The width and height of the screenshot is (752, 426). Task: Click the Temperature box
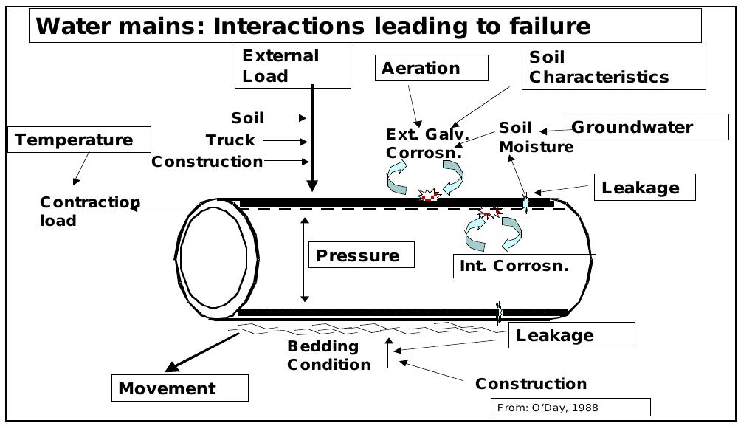pyautogui.click(x=79, y=140)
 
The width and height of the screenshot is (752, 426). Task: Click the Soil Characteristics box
pyautogui.click(x=613, y=66)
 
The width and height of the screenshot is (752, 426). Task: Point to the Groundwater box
pyautogui.click(x=646, y=127)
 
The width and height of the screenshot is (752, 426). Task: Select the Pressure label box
pyautogui.click(x=361, y=255)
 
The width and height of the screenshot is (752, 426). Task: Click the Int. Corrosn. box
pyautogui.click(x=523, y=266)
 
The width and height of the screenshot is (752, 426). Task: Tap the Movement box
pyautogui.click(x=179, y=388)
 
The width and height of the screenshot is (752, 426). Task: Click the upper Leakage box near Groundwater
pyautogui.click(x=644, y=188)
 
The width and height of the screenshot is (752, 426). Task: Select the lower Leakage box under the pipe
pyautogui.click(x=570, y=335)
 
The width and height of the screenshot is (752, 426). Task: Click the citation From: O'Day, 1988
pyautogui.click(x=570, y=408)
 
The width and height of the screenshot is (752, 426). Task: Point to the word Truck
pyautogui.click(x=230, y=140)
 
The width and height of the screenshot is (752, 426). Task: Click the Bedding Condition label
pyautogui.click(x=328, y=355)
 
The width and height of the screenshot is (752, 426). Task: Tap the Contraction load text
pyautogui.click(x=89, y=211)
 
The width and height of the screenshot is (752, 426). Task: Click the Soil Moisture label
pyautogui.click(x=535, y=137)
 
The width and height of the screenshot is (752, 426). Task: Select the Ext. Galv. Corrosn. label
pyautogui.click(x=427, y=143)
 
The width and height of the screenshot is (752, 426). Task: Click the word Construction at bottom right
pyautogui.click(x=531, y=384)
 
